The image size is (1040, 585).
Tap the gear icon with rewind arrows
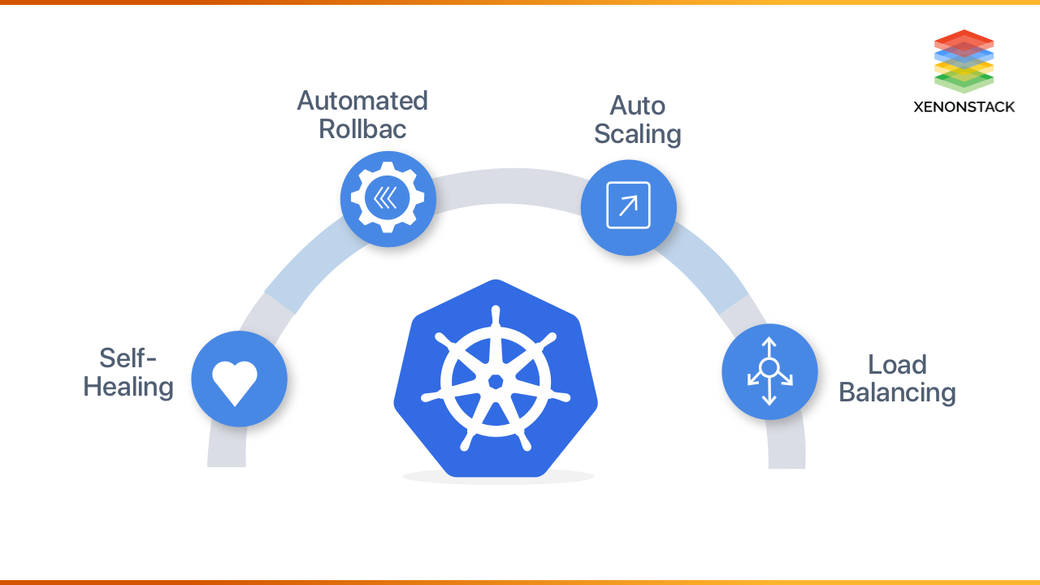click(x=388, y=198)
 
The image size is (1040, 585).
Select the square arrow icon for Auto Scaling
click(x=628, y=206)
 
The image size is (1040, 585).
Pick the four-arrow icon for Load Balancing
click(x=769, y=371)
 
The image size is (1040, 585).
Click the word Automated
click(x=362, y=101)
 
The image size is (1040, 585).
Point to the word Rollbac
click(x=362, y=129)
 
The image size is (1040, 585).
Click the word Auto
click(x=638, y=106)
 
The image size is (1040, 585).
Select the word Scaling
click(x=638, y=134)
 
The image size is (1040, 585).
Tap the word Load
click(x=897, y=364)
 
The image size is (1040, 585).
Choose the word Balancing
click(x=897, y=392)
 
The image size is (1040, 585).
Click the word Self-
click(x=128, y=357)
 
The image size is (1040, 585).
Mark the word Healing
click(x=128, y=387)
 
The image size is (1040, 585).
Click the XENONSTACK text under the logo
click(x=964, y=106)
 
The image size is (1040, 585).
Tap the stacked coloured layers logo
click(x=964, y=61)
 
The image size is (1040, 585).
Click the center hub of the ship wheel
click(x=495, y=380)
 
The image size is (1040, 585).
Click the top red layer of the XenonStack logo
click(x=964, y=38)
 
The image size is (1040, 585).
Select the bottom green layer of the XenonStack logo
click(x=964, y=84)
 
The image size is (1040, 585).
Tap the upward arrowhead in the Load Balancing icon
click(x=769, y=343)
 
